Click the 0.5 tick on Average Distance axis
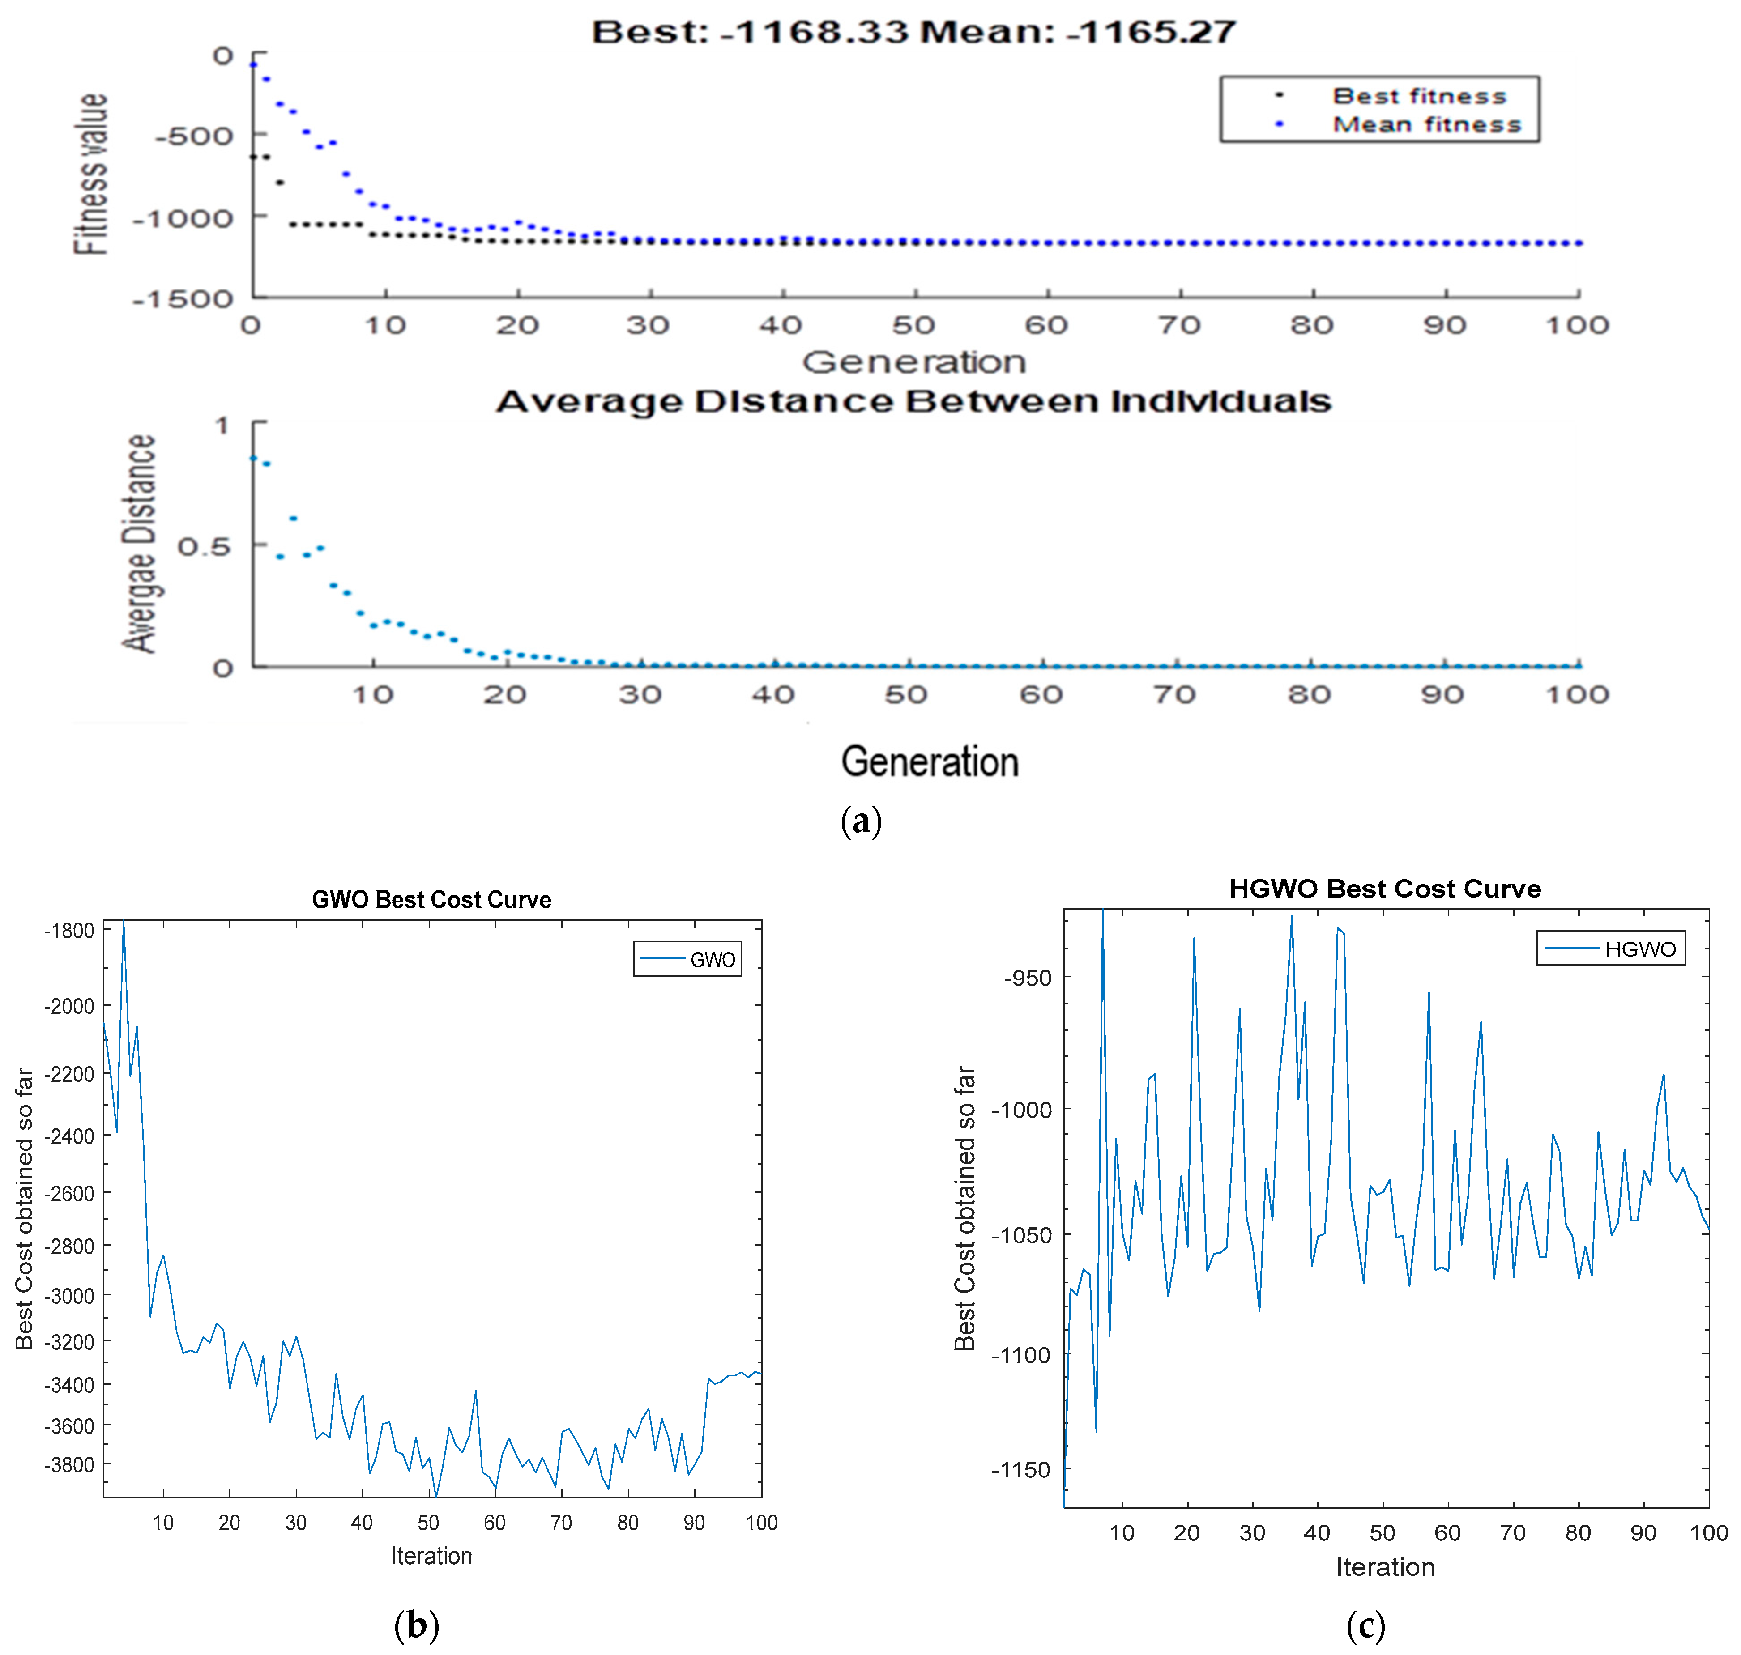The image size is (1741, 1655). pyautogui.click(x=203, y=547)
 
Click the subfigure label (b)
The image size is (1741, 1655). pyautogui.click(x=417, y=1624)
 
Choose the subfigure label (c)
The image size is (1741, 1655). pyautogui.click(x=1365, y=1624)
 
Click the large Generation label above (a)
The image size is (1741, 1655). pyautogui.click(x=929, y=762)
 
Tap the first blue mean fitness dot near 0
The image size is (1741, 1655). pyautogui.click(x=253, y=64)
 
